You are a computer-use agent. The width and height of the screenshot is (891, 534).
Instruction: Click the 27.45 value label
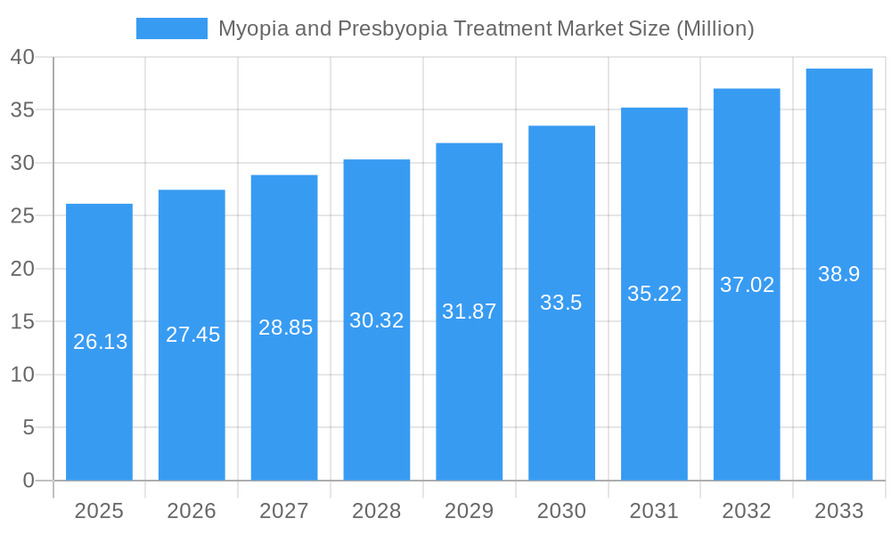pos(192,335)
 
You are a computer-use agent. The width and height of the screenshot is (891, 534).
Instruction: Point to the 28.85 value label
pos(285,328)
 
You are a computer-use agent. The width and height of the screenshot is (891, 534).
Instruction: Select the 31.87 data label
pos(470,311)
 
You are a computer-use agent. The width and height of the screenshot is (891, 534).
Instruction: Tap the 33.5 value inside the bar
pos(561,303)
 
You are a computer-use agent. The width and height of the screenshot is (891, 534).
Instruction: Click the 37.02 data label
pos(747,285)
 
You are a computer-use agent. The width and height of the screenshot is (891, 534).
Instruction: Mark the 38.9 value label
pos(839,274)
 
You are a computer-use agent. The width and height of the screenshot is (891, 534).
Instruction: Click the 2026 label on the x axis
pos(192,511)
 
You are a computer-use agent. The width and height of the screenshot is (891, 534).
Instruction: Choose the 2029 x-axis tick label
pos(470,511)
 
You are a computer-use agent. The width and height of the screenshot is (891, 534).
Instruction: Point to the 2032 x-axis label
pos(747,511)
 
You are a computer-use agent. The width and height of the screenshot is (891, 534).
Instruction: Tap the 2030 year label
pos(562,511)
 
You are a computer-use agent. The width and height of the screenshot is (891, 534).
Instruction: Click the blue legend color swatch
pos(171,28)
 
